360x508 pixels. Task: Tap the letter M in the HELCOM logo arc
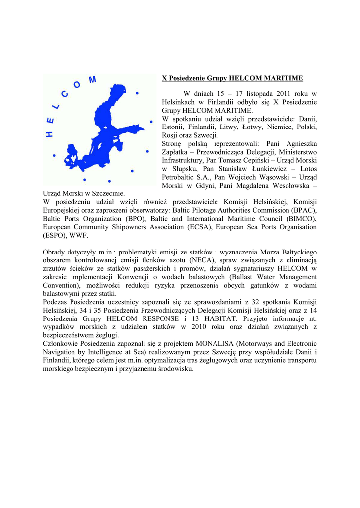tap(92, 80)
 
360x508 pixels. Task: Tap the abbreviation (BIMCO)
tap(299, 219)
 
